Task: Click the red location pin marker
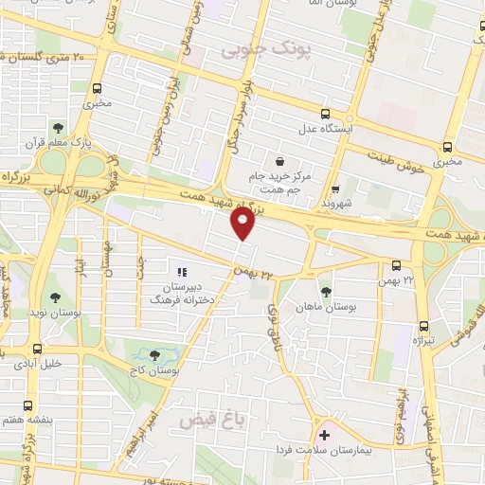[243, 223]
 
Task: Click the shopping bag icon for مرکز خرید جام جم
[279, 161]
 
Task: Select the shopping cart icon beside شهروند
[335, 188]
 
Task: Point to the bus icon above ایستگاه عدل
[326, 113]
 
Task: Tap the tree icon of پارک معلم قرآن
[59, 128]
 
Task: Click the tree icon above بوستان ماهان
[327, 292]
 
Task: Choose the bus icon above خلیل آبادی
[37, 349]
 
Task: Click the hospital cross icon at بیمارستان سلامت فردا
[324, 435]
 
